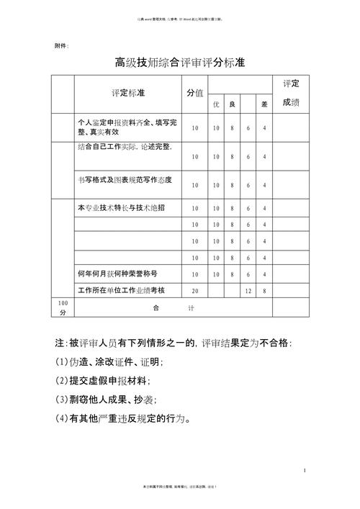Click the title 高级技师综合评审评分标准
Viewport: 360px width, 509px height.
click(x=179, y=63)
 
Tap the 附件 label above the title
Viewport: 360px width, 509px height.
click(x=62, y=45)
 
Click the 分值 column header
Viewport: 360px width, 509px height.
click(x=194, y=94)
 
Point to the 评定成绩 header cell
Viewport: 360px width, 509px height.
click(x=291, y=94)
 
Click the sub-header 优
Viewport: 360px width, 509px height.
click(x=215, y=105)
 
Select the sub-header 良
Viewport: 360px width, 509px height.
click(x=232, y=105)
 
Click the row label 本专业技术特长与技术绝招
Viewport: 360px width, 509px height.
click(x=121, y=208)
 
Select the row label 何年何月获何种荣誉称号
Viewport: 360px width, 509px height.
click(x=117, y=274)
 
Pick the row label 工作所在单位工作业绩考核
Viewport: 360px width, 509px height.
click(x=121, y=290)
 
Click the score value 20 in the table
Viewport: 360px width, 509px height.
click(x=194, y=291)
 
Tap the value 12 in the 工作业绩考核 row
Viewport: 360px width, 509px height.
click(x=248, y=291)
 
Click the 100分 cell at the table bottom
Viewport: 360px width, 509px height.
click(x=62, y=307)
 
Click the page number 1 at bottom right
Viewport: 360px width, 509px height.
click(x=305, y=470)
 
